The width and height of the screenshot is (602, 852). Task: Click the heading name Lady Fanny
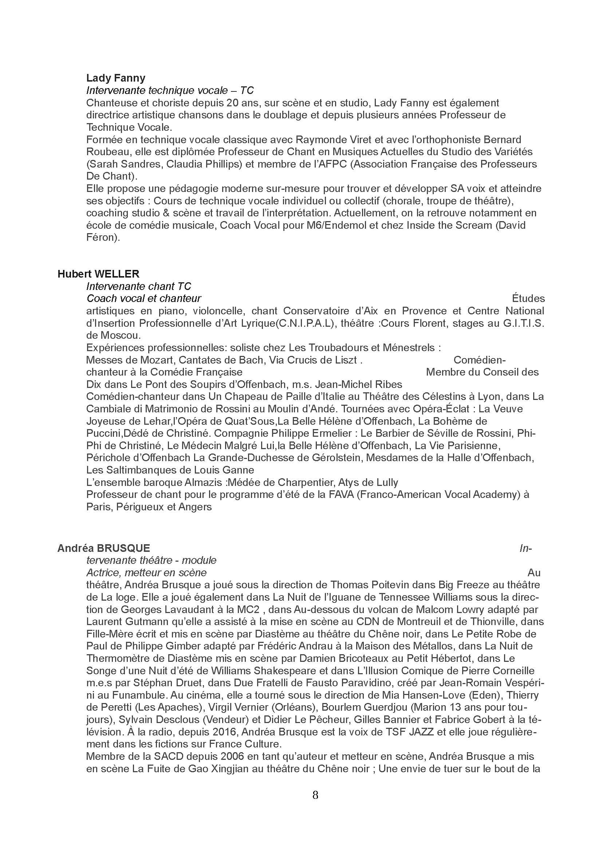(x=116, y=78)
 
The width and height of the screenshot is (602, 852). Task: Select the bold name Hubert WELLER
(x=98, y=274)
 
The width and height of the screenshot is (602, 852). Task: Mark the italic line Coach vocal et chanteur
(x=144, y=298)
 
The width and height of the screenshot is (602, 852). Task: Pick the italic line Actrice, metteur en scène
(x=146, y=572)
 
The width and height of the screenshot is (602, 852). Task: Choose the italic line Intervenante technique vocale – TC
(x=170, y=90)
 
